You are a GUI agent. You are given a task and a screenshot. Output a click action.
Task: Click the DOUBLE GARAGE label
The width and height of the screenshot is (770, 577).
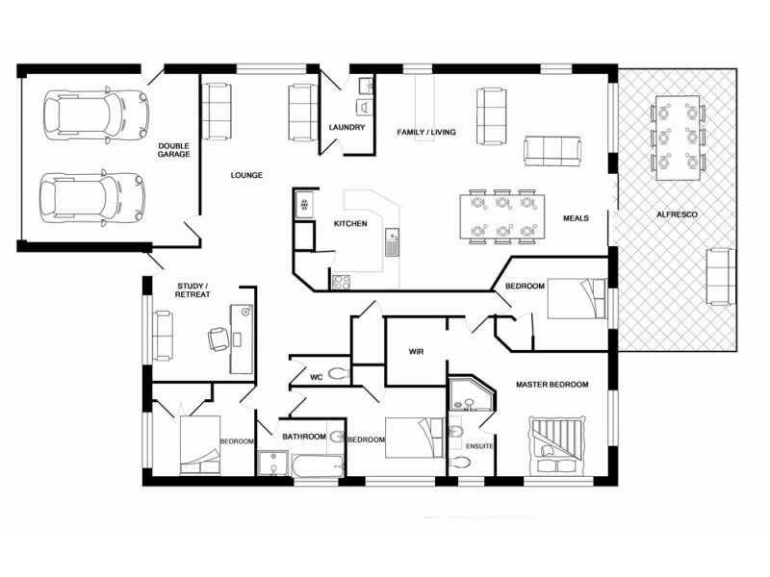174,149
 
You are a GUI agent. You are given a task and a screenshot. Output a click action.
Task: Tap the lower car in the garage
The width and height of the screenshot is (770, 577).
93,197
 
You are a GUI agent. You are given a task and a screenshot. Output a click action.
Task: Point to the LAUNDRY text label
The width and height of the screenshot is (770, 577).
346,127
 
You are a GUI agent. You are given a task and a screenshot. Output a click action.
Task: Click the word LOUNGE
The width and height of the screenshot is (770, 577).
246,175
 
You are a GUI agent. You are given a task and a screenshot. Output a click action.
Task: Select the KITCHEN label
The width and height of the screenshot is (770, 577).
350,223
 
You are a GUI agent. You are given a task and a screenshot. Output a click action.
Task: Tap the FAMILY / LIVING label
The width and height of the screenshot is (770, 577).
426,132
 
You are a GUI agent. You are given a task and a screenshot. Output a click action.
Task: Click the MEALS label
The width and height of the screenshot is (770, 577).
576,218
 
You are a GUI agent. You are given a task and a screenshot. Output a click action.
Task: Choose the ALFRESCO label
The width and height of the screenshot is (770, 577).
677,213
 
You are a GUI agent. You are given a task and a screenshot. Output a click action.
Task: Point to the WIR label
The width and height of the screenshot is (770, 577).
417,351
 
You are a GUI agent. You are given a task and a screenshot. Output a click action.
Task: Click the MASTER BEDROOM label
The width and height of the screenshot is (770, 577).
552,385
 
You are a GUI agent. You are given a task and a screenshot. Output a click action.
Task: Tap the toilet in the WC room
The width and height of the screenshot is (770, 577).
337,374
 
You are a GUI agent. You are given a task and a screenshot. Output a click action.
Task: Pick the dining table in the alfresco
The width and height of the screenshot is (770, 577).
677,137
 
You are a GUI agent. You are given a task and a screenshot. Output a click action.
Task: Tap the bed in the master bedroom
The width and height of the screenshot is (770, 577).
557,444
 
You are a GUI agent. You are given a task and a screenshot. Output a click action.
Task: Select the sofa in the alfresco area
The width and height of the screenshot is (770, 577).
717,275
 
